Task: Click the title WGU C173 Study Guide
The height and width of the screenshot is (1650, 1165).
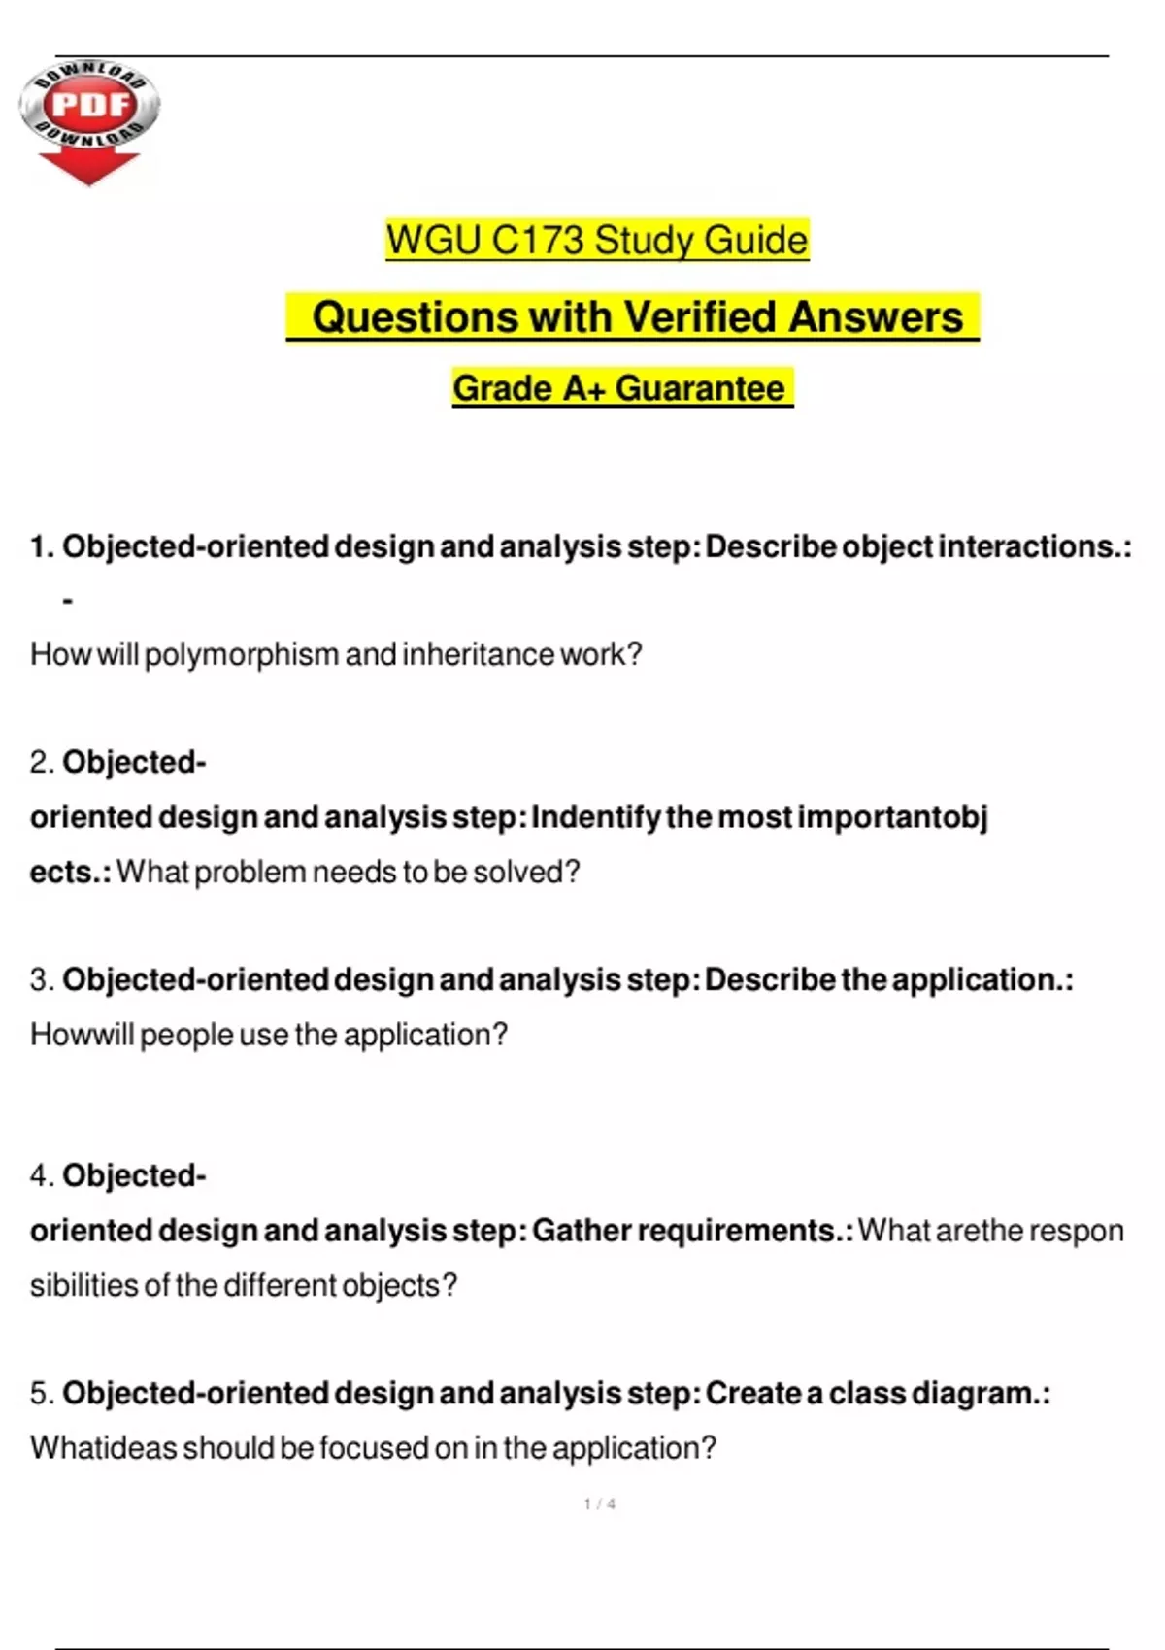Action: [596, 240]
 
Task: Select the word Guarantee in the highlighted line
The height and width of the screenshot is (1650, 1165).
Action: [700, 388]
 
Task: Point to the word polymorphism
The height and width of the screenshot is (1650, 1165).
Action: [242, 655]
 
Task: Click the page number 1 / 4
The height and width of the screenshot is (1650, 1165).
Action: [599, 1504]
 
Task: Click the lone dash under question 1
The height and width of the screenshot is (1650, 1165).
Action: [67, 602]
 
